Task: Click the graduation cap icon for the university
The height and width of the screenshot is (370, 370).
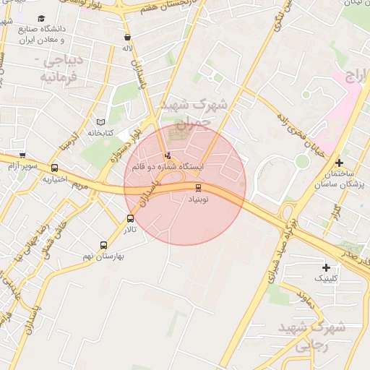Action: (40, 17)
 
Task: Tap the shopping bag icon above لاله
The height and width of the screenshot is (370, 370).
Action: (128, 38)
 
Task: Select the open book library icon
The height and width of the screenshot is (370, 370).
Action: (100, 121)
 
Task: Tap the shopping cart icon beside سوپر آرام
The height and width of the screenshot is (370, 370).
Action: (22, 155)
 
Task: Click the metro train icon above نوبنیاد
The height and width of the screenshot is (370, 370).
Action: (198, 188)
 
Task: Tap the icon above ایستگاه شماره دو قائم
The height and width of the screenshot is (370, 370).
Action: (168, 155)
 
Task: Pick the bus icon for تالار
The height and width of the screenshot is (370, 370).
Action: (130, 218)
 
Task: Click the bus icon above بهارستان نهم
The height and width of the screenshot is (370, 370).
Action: (104, 246)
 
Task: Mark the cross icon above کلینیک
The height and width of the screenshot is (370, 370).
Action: (326, 267)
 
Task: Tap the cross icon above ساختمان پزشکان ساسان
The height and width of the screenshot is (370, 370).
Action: (339, 163)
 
